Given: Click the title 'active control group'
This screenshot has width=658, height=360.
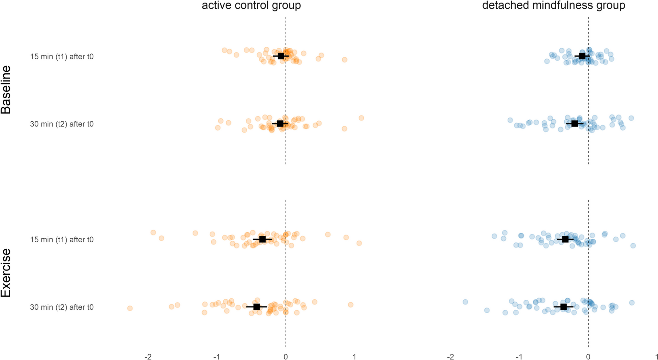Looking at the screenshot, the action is click(251, 6).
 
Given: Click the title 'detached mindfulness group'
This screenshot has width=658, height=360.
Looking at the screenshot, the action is click(554, 6).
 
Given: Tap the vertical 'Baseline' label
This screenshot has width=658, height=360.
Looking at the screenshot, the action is click(6, 90).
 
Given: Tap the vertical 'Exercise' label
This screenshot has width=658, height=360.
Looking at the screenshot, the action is click(6, 273).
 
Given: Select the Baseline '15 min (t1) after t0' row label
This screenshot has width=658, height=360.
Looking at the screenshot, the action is click(62, 56).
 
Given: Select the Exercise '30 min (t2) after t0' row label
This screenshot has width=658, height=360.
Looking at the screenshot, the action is click(62, 307).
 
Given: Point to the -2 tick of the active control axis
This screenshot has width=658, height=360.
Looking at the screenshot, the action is click(148, 357).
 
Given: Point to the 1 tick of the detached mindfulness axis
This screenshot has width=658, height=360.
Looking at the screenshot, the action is click(656, 357).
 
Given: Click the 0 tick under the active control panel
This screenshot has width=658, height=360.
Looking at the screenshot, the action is click(286, 357).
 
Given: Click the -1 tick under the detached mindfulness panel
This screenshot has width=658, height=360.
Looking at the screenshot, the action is click(519, 357).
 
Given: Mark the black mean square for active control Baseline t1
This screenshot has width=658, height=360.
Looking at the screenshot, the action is click(281, 56).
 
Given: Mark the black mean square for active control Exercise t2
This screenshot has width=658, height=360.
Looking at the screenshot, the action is click(256, 306).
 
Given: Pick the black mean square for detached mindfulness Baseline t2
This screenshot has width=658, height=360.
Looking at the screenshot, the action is click(575, 124).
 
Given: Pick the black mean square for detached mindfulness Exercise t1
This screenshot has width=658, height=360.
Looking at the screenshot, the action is click(565, 239).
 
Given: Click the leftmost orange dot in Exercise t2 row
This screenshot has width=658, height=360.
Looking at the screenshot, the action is click(130, 308).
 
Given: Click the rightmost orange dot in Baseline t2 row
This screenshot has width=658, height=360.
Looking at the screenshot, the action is click(361, 118).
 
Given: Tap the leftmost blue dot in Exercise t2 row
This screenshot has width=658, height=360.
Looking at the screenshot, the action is click(465, 302).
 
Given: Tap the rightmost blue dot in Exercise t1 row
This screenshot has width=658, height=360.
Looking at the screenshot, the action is click(633, 246).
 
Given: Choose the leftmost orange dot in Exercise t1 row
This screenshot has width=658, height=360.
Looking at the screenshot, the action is click(153, 233).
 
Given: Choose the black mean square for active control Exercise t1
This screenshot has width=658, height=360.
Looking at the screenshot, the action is click(263, 239).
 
